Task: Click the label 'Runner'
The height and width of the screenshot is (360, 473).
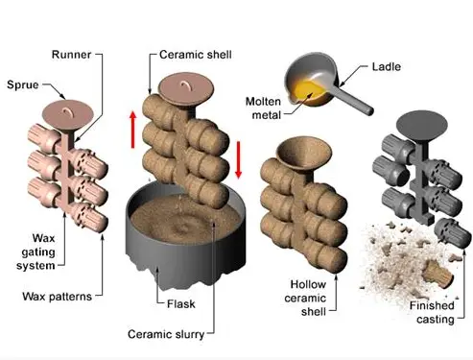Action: click(71, 55)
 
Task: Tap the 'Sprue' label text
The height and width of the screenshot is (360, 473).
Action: click(23, 84)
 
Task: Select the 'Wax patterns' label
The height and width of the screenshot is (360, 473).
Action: click(58, 297)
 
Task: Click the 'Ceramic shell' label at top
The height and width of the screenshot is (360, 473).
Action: click(196, 55)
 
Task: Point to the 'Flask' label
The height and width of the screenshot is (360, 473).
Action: click(181, 303)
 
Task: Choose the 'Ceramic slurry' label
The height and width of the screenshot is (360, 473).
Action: click(166, 334)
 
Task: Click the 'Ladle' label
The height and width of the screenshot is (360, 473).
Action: click(387, 66)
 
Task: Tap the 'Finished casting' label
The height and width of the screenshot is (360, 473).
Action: click(433, 312)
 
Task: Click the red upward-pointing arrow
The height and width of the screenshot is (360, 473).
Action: click(133, 130)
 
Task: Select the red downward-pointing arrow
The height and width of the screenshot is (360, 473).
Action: click(238, 159)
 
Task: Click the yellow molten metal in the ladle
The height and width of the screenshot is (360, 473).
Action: click(309, 91)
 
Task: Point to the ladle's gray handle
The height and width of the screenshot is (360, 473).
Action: click(354, 98)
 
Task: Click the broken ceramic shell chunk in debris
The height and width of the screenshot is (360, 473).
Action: click(438, 274)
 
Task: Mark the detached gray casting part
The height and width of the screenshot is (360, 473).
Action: click(452, 233)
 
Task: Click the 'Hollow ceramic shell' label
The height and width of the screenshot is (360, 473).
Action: click(305, 298)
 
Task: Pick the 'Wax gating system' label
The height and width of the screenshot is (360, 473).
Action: click(35, 252)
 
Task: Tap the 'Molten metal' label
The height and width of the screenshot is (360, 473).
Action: click(264, 108)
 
